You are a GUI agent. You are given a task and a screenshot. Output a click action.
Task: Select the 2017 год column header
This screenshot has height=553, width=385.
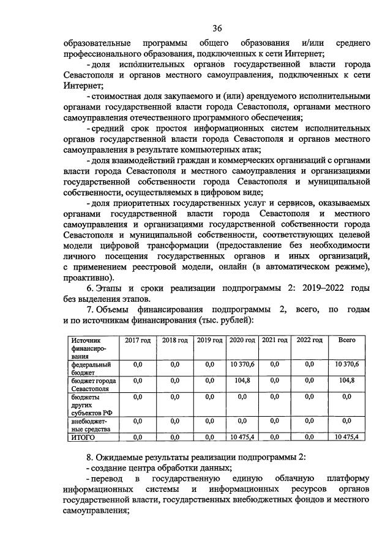click(138, 340)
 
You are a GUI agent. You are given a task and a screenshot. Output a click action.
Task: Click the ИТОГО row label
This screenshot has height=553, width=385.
click(81, 436)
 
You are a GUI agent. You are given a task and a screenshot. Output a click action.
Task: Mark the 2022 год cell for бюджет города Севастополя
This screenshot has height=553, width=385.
click(309, 380)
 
